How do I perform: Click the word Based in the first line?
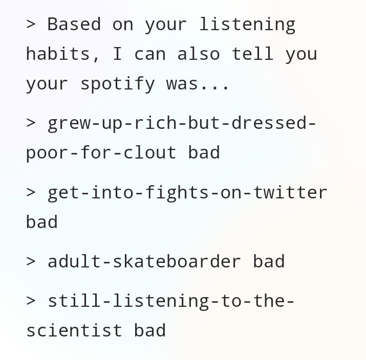pyautogui.click(x=74, y=24)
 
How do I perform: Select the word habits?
pyautogui.click(x=58, y=54)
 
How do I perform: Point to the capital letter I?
pyautogui.click(x=117, y=54)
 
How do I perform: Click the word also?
pyautogui.click(x=199, y=54)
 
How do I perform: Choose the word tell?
pyautogui.click(x=252, y=54)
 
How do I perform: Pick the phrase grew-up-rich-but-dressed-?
pyautogui.click(x=182, y=124)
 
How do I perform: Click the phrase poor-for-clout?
pyautogui.click(x=101, y=153)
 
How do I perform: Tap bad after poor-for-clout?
pyautogui.click(x=204, y=152)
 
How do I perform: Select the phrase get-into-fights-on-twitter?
pyautogui.click(x=187, y=193)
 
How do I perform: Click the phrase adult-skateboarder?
pyautogui.click(x=144, y=261)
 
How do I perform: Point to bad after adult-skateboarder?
pyautogui.click(x=269, y=261)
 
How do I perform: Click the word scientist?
pyautogui.click(x=74, y=330)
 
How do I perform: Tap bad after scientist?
pyautogui.click(x=150, y=330)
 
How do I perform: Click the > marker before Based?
pyautogui.click(x=31, y=24)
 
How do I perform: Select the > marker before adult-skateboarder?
pyautogui.click(x=31, y=261)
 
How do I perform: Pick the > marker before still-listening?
pyautogui.click(x=31, y=301)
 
